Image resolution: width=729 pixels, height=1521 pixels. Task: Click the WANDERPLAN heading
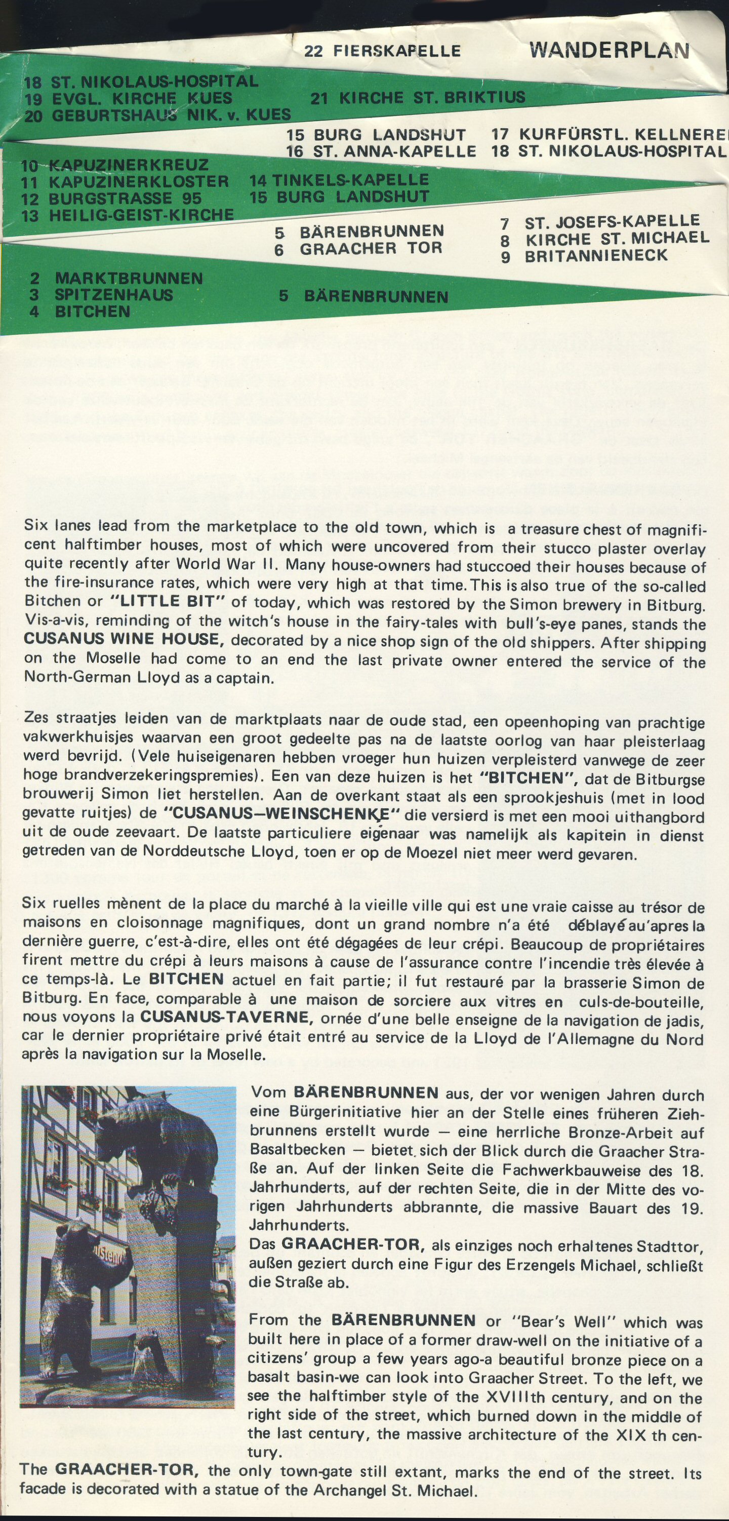click(609, 50)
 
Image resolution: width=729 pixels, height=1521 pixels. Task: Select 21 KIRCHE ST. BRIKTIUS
click(417, 97)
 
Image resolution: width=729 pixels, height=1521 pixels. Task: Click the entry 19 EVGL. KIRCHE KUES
click(128, 98)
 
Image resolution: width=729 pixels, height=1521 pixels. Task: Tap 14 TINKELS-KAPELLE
click(339, 179)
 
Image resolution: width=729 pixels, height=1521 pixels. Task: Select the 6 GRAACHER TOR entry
click(358, 249)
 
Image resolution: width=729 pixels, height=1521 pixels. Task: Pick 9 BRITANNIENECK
click(584, 256)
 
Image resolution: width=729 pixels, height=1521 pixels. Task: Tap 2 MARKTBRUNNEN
click(116, 278)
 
